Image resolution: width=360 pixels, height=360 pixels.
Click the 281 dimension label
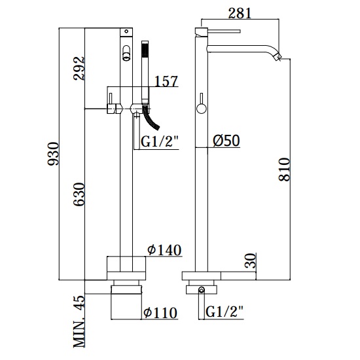coord(240,13)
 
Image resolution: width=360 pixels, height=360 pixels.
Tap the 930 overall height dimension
coord(53,154)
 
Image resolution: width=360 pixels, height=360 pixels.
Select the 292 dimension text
coord(79,69)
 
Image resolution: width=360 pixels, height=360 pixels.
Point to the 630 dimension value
coord(79,194)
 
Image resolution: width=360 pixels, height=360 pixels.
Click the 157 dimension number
coord(166,81)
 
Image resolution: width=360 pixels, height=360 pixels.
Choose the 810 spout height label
coord(285,170)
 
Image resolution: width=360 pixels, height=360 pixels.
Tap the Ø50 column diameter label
coord(226,140)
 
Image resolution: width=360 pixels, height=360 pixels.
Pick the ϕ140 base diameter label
coord(164,250)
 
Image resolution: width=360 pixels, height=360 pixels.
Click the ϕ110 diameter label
coord(160,312)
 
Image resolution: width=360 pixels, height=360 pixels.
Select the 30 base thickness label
coord(250,261)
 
